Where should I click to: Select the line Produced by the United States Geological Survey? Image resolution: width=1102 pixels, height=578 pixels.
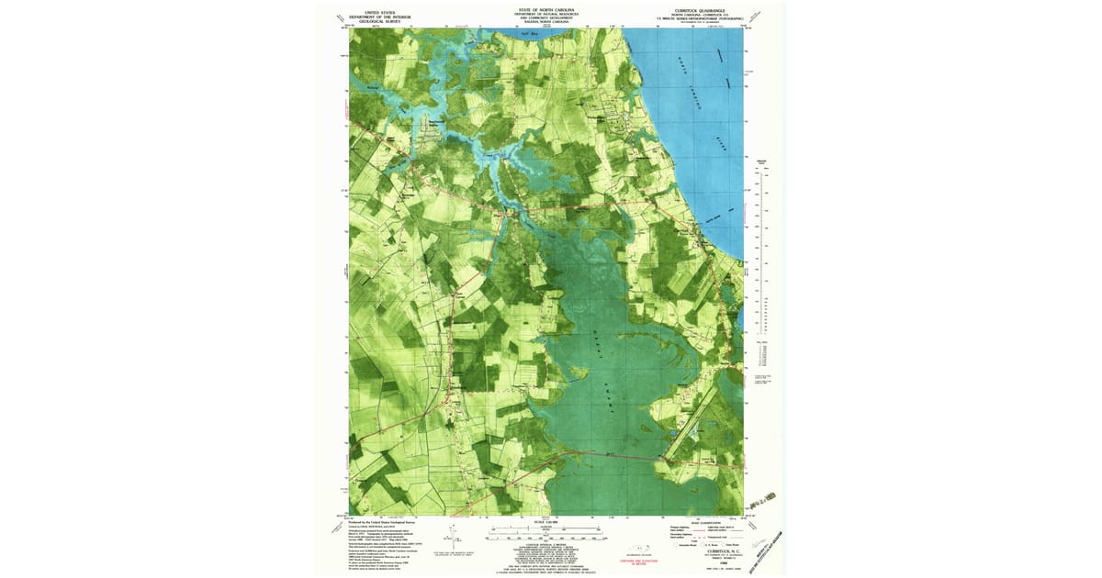tap(378, 519)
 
